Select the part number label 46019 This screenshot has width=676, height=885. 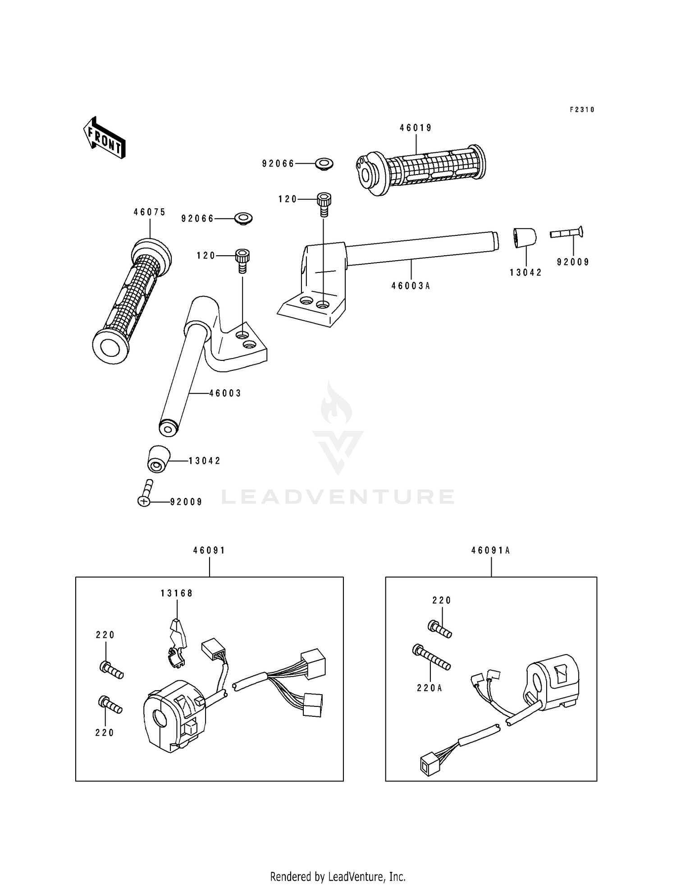(x=416, y=128)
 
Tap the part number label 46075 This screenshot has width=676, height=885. (x=150, y=212)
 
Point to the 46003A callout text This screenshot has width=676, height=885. (x=411, y=286)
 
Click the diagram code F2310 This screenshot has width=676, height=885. (x=582, y=110)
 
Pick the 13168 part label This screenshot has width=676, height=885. (x=177, y=594)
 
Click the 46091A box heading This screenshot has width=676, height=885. (x=491, y=550)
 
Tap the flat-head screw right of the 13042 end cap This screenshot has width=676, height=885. (x=567, y=233)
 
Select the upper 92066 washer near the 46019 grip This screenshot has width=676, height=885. (x=323, y=164)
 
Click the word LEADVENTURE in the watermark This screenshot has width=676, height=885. (x=338, y=497)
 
